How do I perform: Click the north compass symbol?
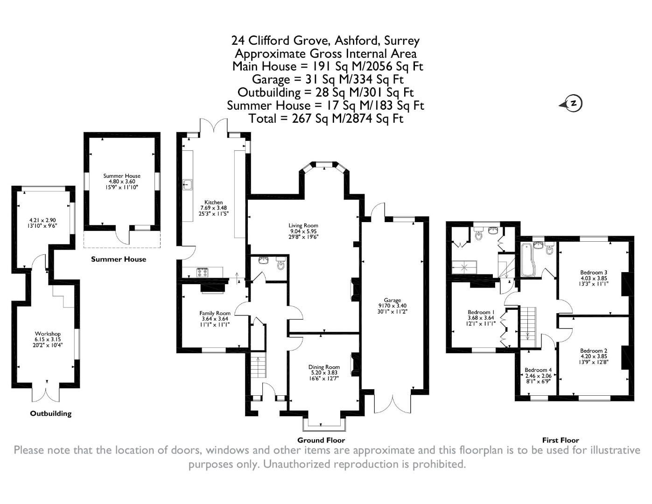(574, 103)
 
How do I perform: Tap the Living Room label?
(303, 225)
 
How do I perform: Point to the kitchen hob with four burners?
(203, 272)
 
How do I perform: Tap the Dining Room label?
(324, 367)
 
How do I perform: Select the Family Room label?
(215, 313)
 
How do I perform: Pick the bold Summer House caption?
(119, 259)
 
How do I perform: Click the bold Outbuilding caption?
(51, 413)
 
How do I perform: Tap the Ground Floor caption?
(321, 440)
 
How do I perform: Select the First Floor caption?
(560, 440)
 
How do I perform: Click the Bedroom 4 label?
(538, 370)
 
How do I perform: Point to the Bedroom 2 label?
(594, 350)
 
